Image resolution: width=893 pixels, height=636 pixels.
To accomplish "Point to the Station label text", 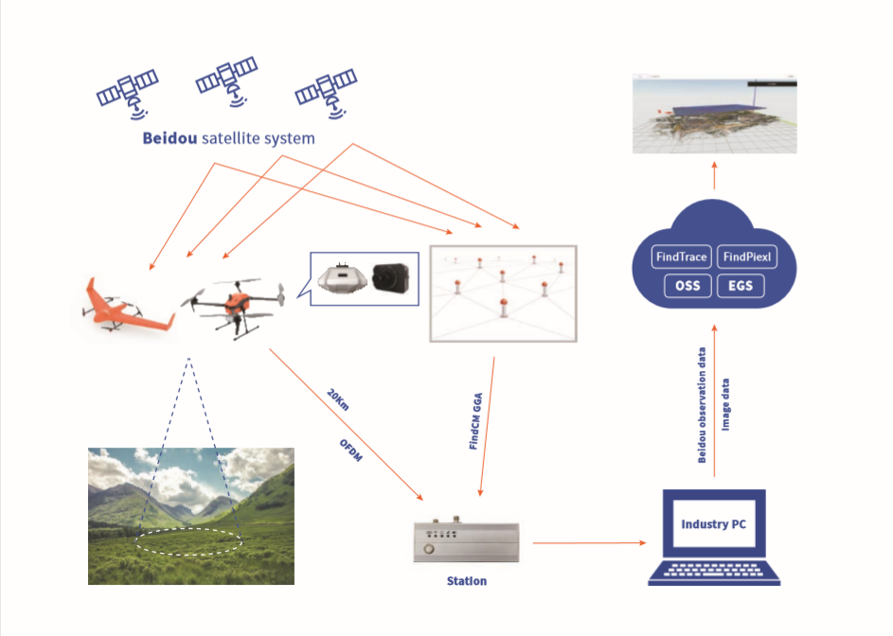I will [466, 580].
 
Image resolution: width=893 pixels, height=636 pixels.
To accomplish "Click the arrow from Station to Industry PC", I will [588, 543].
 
